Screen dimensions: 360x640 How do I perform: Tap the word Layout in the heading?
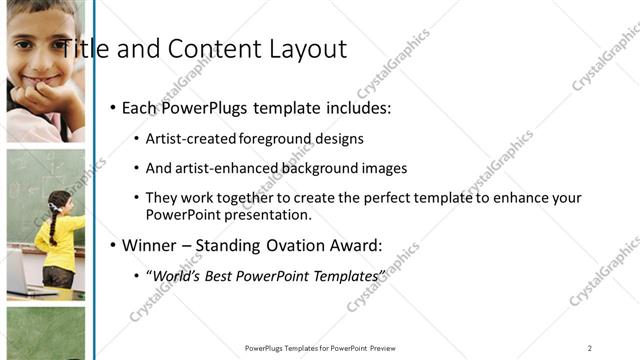304,49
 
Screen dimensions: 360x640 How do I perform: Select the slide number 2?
589,348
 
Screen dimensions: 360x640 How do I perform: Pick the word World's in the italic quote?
176,274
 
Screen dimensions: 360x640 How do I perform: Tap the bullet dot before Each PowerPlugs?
113,107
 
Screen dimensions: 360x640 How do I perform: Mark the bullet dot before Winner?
113,242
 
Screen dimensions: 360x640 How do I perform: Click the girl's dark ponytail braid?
53,225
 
